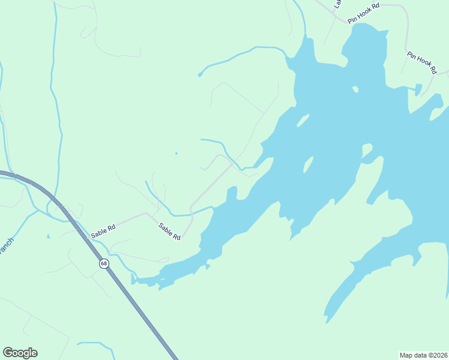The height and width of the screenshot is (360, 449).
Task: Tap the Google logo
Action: pos(20,353)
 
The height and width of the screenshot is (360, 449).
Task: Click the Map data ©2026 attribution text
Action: pos(423,355)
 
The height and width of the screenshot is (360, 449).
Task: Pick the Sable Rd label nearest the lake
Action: pos(169,232)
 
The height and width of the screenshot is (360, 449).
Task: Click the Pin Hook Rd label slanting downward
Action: pos(421,63)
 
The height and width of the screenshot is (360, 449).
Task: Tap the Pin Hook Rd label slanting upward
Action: pos(364,13)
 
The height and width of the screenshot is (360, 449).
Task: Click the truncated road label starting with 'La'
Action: pos(337,4)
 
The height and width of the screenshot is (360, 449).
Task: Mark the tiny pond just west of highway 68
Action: pos(48,236)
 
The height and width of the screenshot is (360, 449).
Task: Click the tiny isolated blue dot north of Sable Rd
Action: pos(176,154)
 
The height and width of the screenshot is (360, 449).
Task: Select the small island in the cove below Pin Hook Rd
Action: pos(355,90)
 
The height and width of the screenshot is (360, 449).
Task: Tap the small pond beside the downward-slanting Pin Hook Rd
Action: pos(418,90)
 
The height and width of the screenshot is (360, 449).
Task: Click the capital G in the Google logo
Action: pos(8,352)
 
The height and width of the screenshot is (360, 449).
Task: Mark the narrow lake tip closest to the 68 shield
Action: pos(135,279)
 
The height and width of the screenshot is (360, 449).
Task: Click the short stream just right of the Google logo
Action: pos(96,344)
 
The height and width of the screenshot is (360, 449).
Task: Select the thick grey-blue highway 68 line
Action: pos(138,312)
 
